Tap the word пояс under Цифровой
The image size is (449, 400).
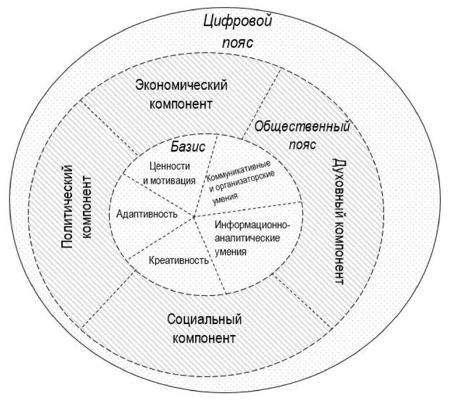(x=237, y=42)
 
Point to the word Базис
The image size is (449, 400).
(x=188, y=147)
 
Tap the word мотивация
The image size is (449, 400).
(x=172, y=180)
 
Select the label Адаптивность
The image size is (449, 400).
(x=146, y=214)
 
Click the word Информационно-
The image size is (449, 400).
(x=252, y=225)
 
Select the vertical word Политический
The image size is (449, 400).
(x=69, y=206)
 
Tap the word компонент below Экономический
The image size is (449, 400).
(x=181, y=104)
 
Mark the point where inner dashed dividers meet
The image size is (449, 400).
(x=194, y=218)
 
